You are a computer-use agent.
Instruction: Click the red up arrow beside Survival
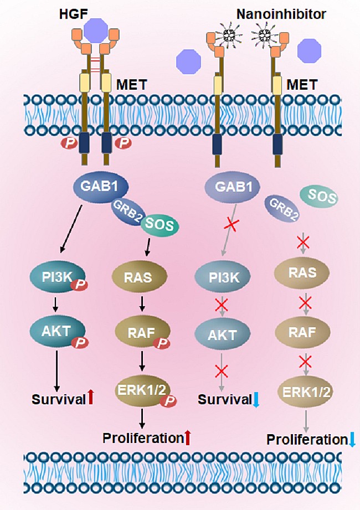point(91,398)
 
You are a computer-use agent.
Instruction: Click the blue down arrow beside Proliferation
point(353,440)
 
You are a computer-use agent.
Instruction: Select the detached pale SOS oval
point(319,195)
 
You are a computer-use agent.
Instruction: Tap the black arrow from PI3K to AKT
point(56,303)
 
